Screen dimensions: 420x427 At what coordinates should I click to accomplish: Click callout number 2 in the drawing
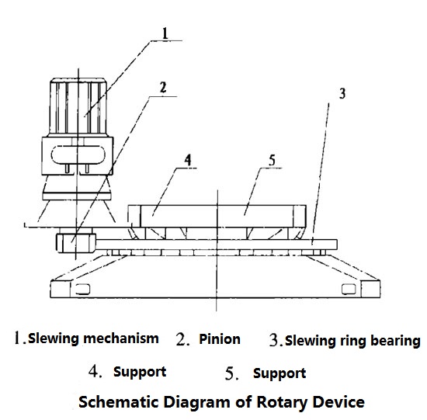162,88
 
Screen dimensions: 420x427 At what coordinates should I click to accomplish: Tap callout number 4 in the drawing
188,161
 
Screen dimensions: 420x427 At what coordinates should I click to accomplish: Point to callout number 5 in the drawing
270,161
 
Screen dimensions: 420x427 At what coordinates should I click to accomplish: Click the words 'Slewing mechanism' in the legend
93,338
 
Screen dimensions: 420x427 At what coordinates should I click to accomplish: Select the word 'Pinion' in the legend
219,339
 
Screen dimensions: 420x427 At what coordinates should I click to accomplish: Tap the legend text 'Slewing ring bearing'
352,340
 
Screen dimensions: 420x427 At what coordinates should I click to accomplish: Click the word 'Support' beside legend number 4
140,371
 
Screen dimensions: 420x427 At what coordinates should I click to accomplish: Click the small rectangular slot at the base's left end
82,290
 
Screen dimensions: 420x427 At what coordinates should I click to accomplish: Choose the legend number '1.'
19,338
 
